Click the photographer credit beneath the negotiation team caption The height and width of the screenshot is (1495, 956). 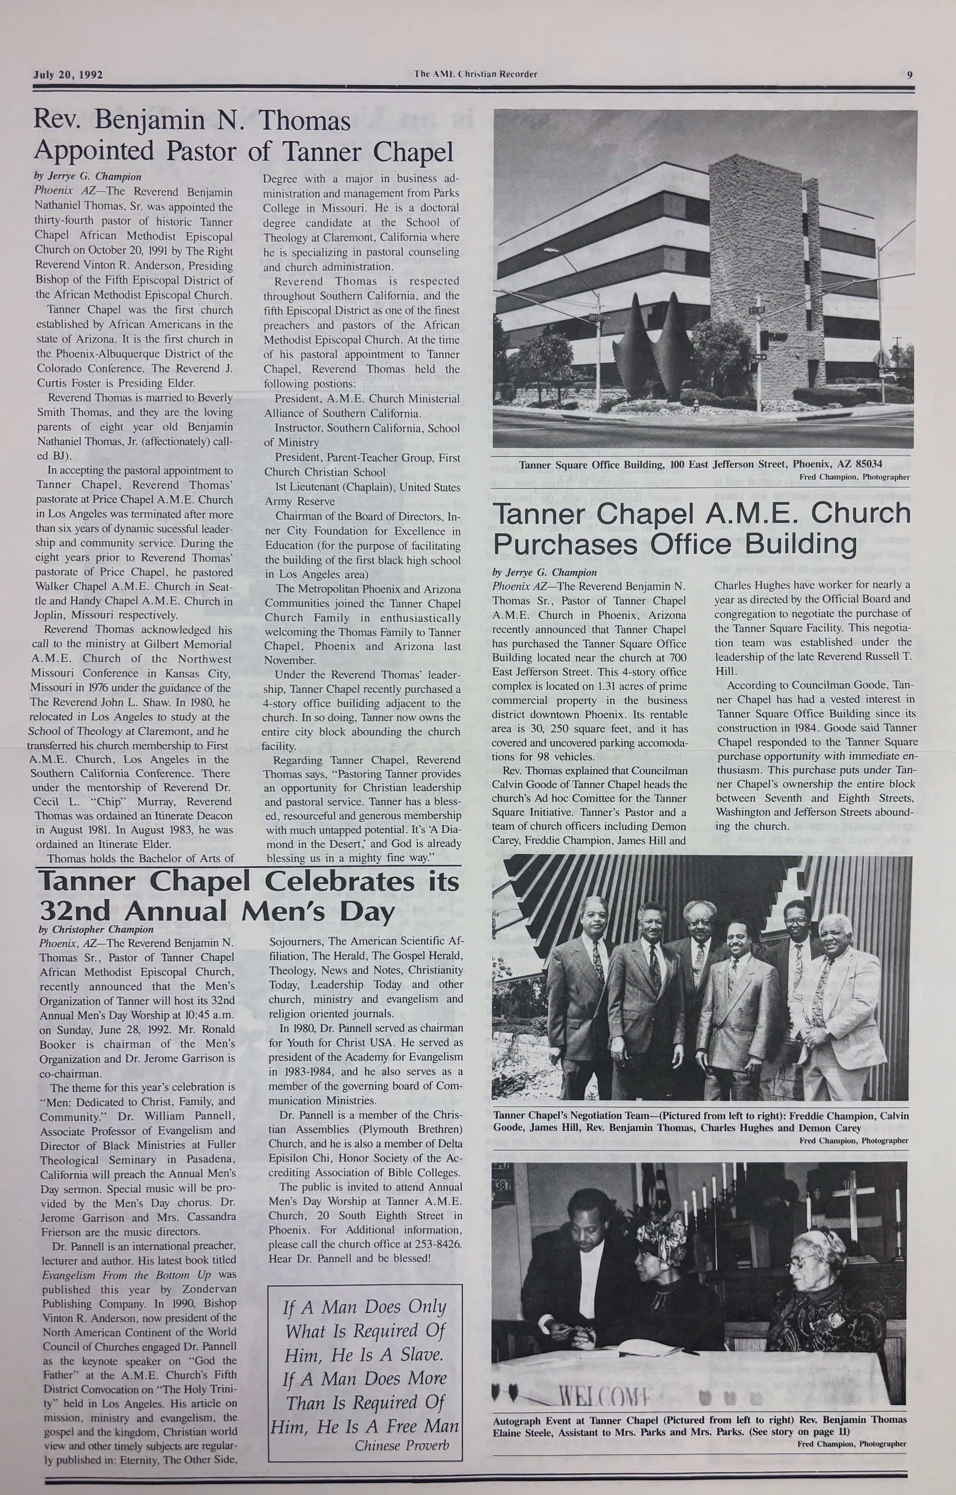[x=854, y=1141]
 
